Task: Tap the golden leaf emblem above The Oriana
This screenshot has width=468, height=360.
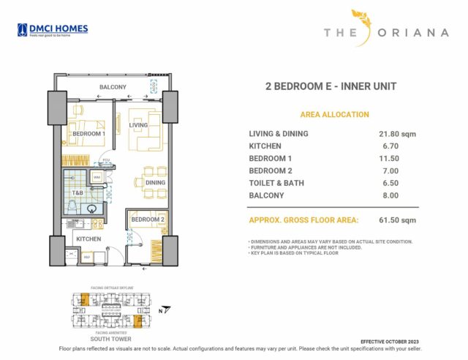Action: (362, 20)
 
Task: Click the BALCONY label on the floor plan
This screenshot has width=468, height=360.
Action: (113, 88)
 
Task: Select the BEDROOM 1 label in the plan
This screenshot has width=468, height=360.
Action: (88, 134)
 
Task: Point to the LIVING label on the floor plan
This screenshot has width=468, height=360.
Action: (139, 125)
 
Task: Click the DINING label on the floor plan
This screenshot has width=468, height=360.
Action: (155, 182)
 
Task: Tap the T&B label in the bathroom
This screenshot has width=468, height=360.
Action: (78, 193)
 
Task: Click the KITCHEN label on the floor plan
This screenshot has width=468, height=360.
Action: (88, 239)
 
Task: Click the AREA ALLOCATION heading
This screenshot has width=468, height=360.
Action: (334, 115)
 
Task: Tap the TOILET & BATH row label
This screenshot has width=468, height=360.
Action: (276, 183)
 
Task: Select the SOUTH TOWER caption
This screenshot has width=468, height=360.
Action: (110, 340)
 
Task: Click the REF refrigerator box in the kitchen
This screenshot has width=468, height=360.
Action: (86, 257)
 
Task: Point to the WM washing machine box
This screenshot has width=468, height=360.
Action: (97, 177)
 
